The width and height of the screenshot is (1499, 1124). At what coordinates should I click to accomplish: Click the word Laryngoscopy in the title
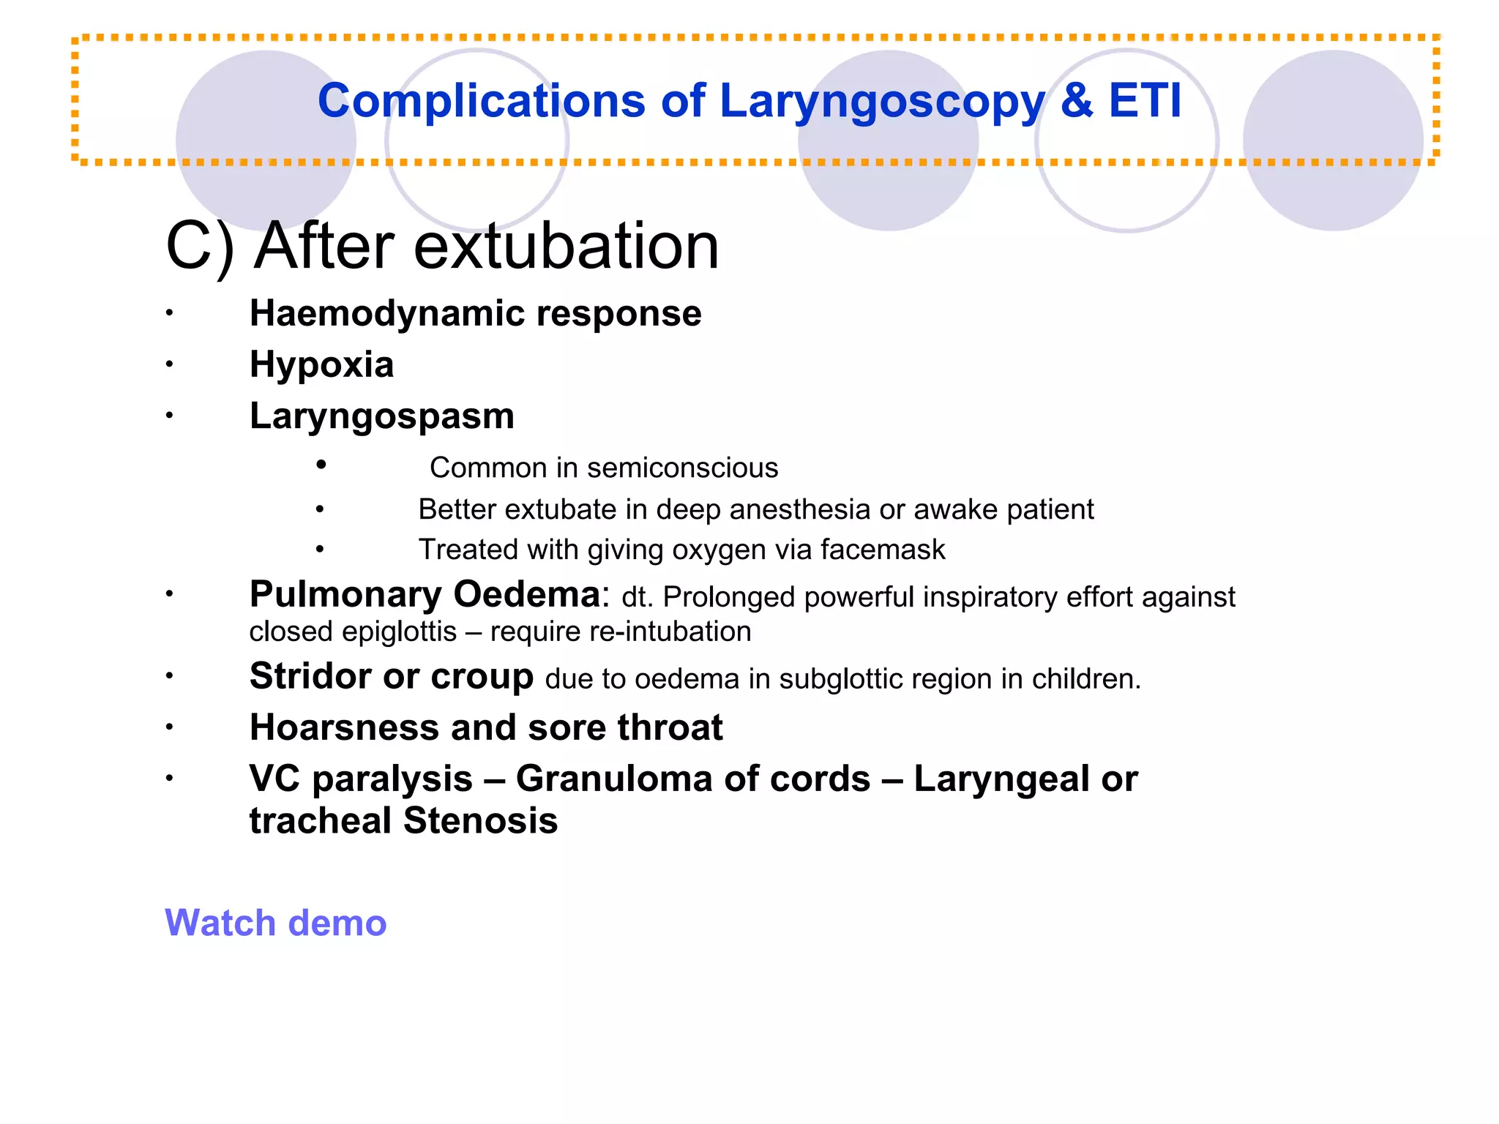[882, 101]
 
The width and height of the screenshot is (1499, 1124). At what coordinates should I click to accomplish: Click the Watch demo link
[275, 923]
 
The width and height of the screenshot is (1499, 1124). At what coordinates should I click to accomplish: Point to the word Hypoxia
[321, 364]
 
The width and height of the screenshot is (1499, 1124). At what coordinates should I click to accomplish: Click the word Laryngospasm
[381, 416]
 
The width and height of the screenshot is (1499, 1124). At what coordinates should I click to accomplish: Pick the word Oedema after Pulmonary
[526, 594]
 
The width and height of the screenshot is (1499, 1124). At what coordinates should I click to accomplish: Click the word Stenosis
[480, 820]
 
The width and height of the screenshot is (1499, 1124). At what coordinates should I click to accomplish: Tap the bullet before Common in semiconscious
[321, 465]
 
